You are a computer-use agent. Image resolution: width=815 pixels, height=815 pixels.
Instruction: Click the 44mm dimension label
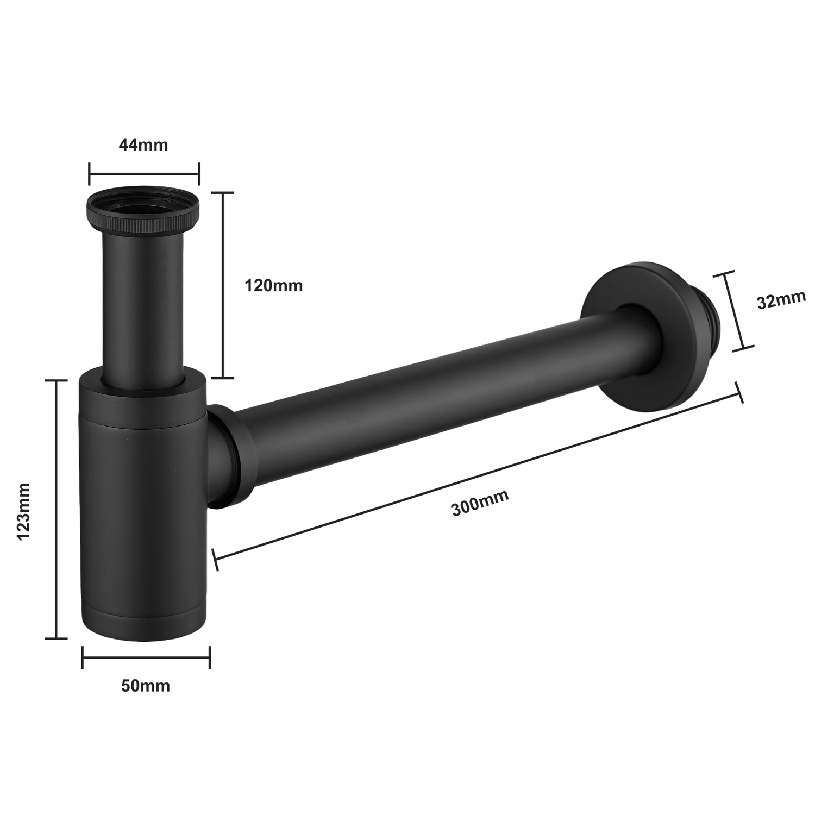click(143, 145)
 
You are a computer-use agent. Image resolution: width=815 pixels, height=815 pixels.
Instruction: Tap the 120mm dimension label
click(273, 285)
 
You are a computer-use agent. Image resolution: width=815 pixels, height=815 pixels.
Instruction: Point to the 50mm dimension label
click(145, 686)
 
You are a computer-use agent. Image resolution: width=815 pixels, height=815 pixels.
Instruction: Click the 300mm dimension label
click(480, 503)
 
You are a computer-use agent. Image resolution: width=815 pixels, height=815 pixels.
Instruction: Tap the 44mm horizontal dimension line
click(144, 174)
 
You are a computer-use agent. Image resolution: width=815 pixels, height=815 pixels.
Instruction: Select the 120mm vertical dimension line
click(222, 285)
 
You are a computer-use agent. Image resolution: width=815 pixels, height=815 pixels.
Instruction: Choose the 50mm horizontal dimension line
click(146, 657)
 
